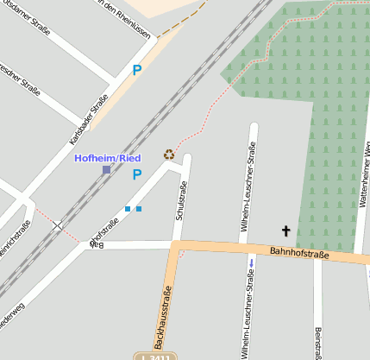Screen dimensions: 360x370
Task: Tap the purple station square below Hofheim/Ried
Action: (x=106, y=170)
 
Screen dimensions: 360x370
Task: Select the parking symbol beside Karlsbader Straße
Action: (x=136, y=71)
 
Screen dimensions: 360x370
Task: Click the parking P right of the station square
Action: (x=136, y=174)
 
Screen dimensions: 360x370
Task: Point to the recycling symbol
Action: (x=169, y=155)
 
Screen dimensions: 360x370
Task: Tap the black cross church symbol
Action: (x=285, y=231)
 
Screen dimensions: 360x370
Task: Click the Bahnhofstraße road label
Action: (x=300, y=253)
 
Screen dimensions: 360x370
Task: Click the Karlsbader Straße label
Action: (x=88, y=119)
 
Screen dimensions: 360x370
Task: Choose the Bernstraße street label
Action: (x=319, y=342)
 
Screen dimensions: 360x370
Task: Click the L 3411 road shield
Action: (x=154, y=356)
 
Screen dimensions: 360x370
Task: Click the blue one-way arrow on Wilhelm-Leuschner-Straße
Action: (x=251, y=262)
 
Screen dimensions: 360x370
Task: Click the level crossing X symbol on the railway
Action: (x=58, y=225)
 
